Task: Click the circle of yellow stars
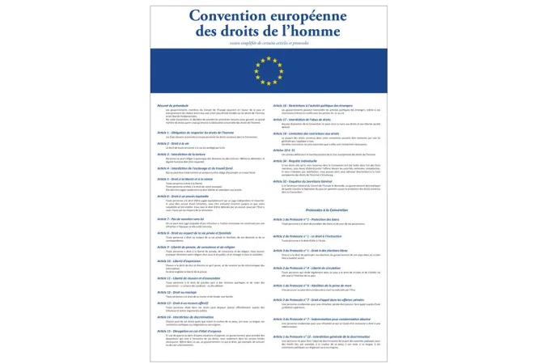pos(267,70)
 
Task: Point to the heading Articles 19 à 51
pos(284,149)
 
